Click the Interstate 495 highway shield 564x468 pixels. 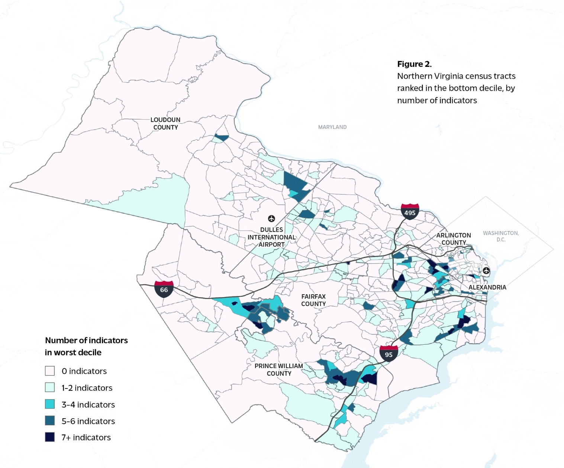[x=410, y=212]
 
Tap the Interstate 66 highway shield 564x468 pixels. [x=164, y=289]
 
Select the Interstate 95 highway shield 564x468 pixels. [x=389, y=354]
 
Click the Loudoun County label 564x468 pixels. [x=165, y=123]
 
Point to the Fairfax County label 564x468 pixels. [x=313, y=300]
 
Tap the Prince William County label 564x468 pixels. [x=279, y=370]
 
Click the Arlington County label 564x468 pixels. [x=454, y=239]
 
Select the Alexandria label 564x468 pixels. [x=487, y=287]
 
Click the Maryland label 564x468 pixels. [x=332, y=127]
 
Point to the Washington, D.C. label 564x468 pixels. [x=501, y=236]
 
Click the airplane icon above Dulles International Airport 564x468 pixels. [x=272, y=219]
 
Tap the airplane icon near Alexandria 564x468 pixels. [x=486, y=270]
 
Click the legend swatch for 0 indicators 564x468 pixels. [x=50, y=371]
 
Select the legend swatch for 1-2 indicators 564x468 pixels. [x=50, y=387]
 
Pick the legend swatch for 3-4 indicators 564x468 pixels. [x=50, y=404]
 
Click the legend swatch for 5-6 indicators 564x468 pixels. [x=50, y=420]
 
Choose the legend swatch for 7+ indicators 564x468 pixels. [x=50, y=437]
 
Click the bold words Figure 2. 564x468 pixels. [x=414, y=64]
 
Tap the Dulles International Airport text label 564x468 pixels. [x=272, y=237]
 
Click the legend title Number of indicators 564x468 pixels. [x=86, y=340]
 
